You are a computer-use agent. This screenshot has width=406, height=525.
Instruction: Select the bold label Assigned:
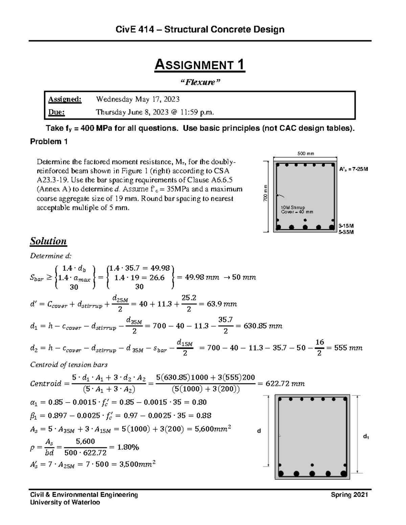(65, 99)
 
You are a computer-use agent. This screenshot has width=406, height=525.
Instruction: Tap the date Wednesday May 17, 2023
(138, 99)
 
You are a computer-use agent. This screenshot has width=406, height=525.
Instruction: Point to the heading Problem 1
(49, 142)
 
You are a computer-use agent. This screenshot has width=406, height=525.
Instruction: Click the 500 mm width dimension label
(306, 153)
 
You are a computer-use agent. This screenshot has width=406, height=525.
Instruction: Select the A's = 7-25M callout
(353, 169)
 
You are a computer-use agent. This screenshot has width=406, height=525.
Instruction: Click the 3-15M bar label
(346, 225)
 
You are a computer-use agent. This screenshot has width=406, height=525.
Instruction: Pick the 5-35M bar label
(346, 232)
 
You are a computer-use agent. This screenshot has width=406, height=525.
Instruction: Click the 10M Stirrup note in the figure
(293, 207)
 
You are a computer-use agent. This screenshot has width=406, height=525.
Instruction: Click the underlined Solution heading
(48, 241)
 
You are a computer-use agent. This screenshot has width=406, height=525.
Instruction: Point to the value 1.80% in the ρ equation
(128, 447)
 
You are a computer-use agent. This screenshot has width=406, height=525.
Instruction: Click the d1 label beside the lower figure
(366, 437)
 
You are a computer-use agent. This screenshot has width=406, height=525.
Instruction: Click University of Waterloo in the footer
(65, 502)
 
